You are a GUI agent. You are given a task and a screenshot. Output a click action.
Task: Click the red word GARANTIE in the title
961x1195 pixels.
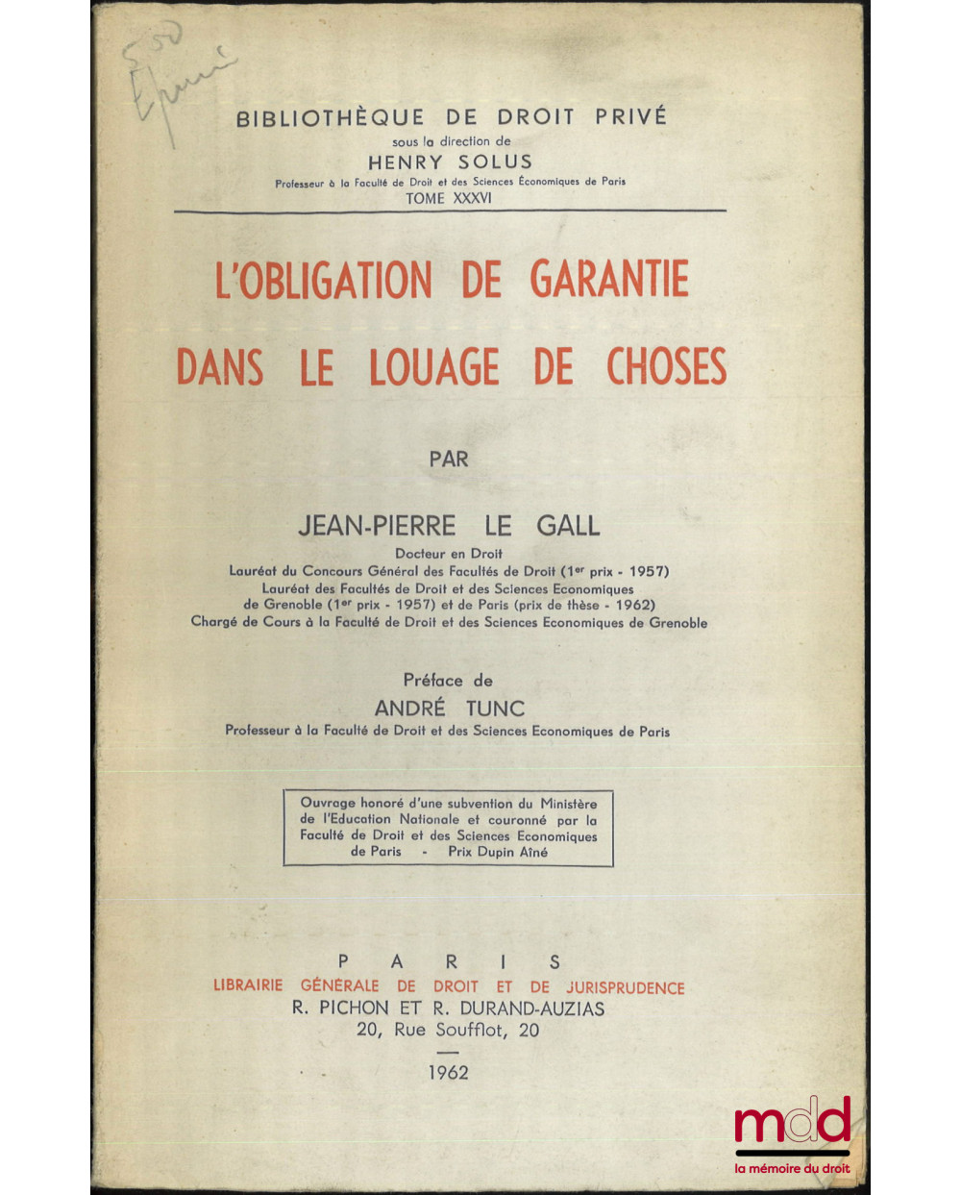(x=609, y=280)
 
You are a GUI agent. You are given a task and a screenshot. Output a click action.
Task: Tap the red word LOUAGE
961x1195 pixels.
(x=434, y=367)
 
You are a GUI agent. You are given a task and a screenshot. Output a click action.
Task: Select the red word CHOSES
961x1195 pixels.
(x=666, y=367)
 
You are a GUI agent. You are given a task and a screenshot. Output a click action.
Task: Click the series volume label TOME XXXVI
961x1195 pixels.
(x=450, y=198)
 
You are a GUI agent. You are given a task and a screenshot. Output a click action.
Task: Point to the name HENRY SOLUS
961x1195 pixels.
(x=450, y=162)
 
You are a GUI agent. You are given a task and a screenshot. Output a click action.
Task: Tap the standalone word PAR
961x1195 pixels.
(x=449, y=459)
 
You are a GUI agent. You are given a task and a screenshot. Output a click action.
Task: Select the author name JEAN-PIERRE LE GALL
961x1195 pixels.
(x=449, y=526)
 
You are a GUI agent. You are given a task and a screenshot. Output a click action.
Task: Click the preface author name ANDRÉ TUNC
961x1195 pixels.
(x=449, y=709)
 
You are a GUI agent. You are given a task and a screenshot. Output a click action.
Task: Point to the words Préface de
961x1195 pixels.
(x=448, y=680)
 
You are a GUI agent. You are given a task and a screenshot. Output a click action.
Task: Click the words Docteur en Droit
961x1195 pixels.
(x=449, y=553)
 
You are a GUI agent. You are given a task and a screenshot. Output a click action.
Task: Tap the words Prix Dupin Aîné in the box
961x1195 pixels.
(x=498, y=852)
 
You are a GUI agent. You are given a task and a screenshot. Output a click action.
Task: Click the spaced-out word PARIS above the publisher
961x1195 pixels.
(x=449, y=961)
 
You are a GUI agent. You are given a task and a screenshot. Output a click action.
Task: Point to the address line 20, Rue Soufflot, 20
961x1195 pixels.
(x=448, y=1030)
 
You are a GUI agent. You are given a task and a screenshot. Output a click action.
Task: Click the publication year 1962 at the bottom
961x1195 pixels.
(x=449, y=1072)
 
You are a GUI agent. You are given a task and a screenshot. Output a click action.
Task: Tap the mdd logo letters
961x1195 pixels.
(x=792, y=1121)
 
